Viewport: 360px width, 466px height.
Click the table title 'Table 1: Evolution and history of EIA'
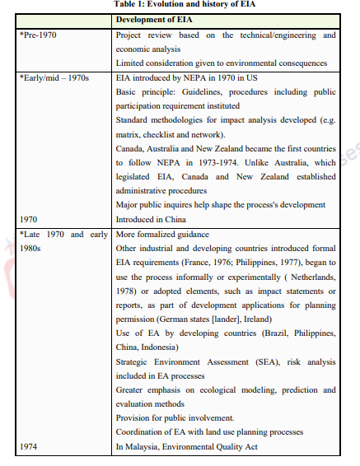(180, 5)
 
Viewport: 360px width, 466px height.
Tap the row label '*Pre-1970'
(39, 35)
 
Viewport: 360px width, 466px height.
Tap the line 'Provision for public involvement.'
(175, 418)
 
